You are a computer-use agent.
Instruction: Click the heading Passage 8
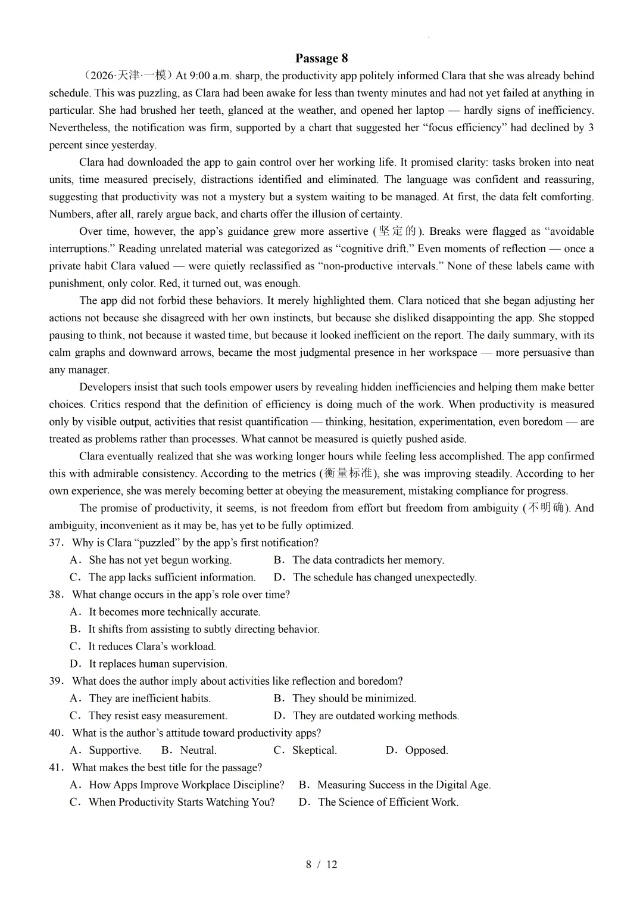321,58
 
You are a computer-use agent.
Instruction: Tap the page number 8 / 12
321,864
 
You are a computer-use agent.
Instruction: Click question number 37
56,543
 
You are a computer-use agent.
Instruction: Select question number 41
56,768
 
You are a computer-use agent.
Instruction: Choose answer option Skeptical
314,750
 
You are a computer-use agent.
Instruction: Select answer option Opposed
426,750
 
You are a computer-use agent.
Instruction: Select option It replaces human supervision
158,664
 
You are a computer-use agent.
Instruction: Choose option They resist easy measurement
158,716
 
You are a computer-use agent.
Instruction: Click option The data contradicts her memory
368,560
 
